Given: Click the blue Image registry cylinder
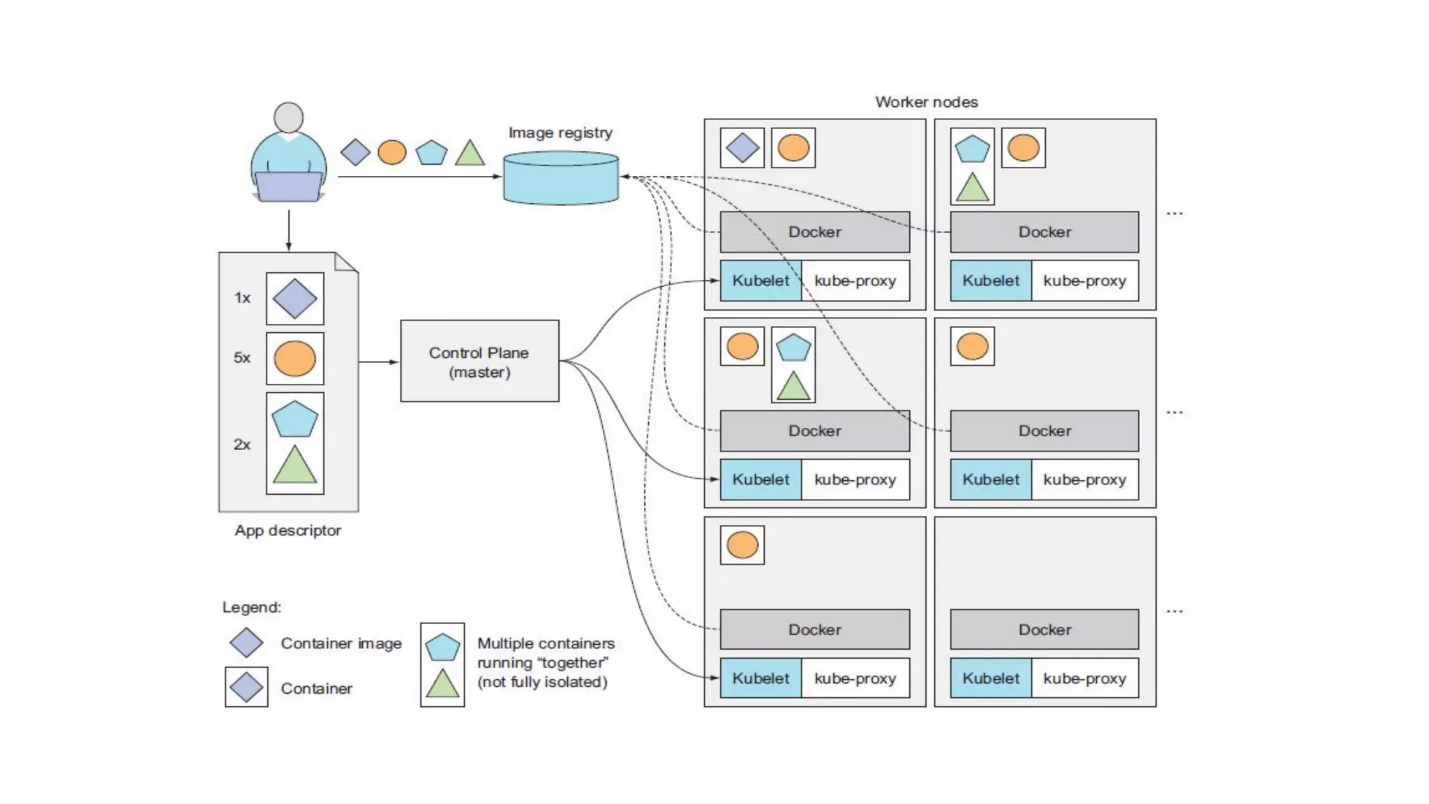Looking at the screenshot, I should click(x=560, y=179).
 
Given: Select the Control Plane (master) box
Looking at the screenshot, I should click(x=479, y=362).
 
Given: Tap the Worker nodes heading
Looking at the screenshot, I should click(x=926, y=102).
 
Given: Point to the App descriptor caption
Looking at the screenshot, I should click(x=287, y=530).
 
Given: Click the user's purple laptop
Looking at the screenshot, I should click(x=288, y=186).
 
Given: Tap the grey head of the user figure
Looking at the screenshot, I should click(x=288, y=117).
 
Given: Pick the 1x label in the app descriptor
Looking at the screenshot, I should click(x=242, y=298).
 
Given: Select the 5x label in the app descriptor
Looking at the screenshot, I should click(x=241, y=358).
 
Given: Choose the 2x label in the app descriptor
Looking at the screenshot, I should click(x=241, y=445).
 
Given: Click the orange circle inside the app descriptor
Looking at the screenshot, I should click(x=294, y=359).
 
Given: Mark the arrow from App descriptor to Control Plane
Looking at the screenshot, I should click(x=379, y=362).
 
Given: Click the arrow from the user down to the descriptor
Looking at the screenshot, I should click(x=288, y=230).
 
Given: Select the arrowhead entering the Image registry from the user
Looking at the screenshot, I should click(x=497, y=177).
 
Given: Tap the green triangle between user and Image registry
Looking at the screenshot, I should click(x=470, y=153).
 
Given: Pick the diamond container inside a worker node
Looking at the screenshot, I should click(x=742, y=148).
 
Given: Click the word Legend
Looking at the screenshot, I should click(x=251, y=607).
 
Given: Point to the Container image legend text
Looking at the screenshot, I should click(x=341, y=643).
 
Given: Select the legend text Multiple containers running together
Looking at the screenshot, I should click(x=545, y=662).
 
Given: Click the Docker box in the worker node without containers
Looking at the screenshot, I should click(x=1044, y=630).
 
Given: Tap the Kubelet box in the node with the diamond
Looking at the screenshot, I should click(x=761, y=281).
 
